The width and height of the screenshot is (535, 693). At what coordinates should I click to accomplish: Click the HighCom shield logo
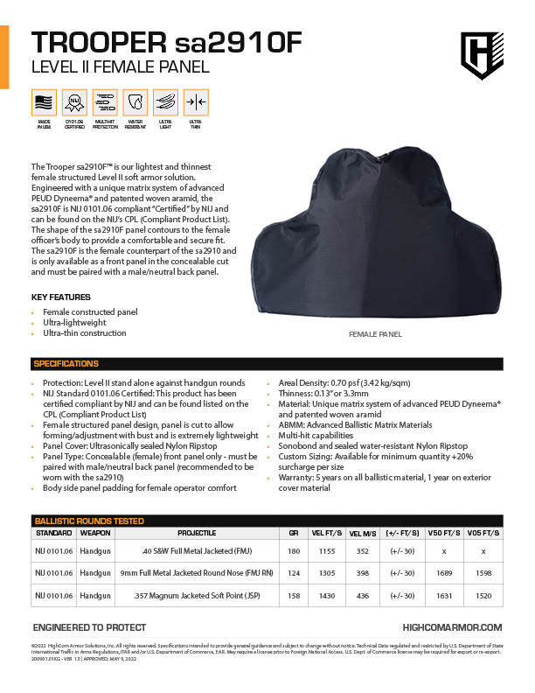click(479, 55)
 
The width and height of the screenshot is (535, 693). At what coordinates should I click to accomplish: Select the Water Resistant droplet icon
click(135, 101)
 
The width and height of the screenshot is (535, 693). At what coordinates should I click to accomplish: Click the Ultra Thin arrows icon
click(196, 101)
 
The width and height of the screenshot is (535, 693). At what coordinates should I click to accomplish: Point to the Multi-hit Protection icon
click(105, 101)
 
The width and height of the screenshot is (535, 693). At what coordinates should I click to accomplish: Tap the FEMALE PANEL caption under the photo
click(374, 334)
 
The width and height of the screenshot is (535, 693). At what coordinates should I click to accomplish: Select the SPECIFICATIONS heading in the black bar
click(66, 364)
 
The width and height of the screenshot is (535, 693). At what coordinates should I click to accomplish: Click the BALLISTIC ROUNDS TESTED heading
click(88, 521)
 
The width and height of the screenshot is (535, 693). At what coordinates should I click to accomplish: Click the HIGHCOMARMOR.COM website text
click(452, 627)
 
